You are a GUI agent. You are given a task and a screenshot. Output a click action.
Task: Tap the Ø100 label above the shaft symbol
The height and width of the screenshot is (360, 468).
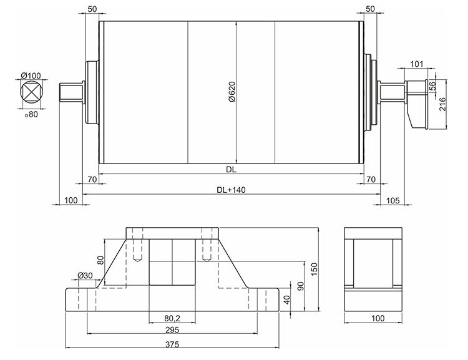click(x=31, y=75)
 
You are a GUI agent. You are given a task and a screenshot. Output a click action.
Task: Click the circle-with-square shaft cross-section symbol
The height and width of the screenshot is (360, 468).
click(x=30, y=94)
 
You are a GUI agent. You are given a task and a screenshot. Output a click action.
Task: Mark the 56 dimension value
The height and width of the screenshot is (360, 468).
click(x=432, y=86)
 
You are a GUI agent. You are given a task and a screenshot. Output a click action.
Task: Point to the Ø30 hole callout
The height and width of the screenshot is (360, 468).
click(x=85, y=275)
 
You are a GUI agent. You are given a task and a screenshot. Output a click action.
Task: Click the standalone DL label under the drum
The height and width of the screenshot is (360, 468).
click(x=232, y=169)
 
